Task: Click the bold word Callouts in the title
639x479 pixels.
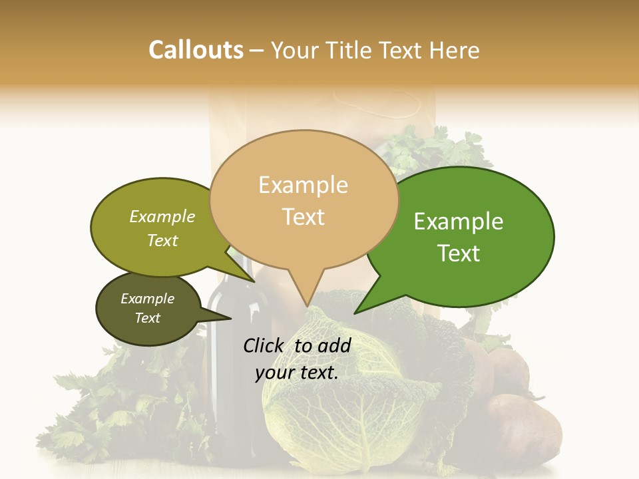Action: [x=196, y=50]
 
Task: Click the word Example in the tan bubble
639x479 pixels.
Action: [x=303, y=185]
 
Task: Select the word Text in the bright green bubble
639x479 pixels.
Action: [x=459, y=253]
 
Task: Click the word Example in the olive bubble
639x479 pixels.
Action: [x=162, y=217]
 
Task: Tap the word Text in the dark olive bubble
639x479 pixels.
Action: [x=148, y=318]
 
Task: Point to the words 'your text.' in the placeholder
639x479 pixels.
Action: [x=297, y=373]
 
